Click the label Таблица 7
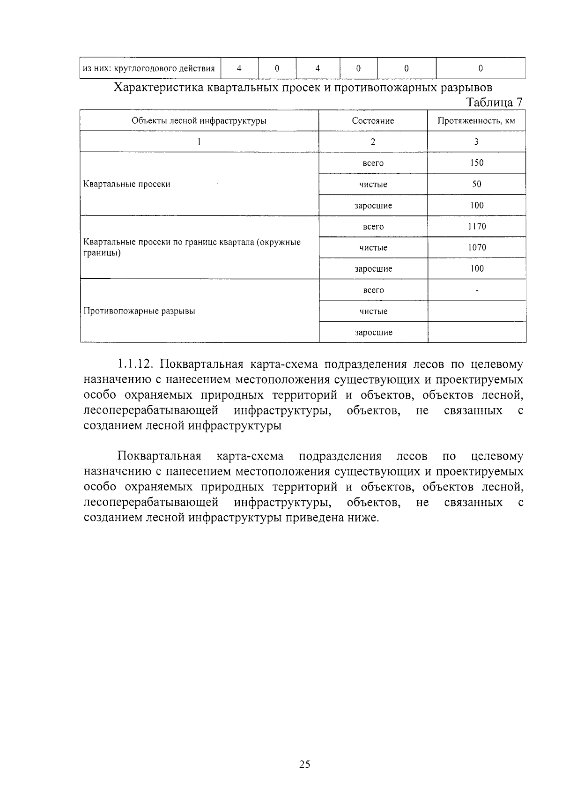point(494,102)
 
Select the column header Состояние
point(373,121)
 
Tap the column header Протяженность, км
point(476,121)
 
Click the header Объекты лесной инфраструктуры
point(199,121)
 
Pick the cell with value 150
point(477,163)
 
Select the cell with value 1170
point(477,227)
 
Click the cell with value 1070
point(477,248)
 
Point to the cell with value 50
point(477,184)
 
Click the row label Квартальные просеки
point(127,184)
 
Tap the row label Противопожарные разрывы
point(139,311)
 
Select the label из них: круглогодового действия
point(148,68)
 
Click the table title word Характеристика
point(159,88)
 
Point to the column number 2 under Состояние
point(373,142)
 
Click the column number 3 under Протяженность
point(477,142)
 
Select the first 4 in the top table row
point(239,68)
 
